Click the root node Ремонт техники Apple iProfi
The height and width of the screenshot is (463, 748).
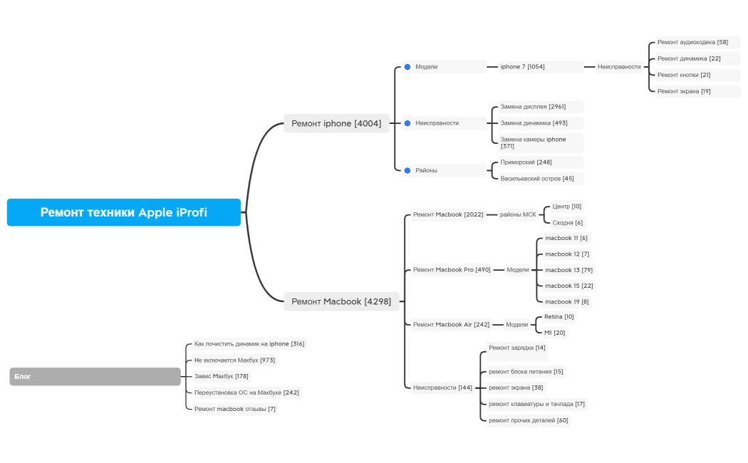click(124, 212)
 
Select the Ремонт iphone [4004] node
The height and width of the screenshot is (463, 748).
click(336, 123)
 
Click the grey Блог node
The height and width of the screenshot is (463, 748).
click(95, 376)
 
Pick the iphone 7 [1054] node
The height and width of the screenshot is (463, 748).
click(522, 67)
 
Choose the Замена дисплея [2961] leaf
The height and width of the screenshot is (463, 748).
click(533, 107)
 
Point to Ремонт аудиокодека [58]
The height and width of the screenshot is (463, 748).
click(692, 43)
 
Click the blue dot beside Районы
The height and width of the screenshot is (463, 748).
click(407, 170)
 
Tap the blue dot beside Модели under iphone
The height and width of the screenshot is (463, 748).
click(407, 67)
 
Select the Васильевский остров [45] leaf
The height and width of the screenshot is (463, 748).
click(537, 179)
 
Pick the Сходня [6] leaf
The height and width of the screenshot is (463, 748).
click(568, 223)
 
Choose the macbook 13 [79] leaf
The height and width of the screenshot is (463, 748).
click(568, 270)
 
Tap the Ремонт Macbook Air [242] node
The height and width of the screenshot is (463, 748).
click(451, 325)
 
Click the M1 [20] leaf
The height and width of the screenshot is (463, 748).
click(555, 333)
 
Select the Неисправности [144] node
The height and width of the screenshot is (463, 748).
click(442, 387)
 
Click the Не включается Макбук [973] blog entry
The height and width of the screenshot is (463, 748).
click(234, 360)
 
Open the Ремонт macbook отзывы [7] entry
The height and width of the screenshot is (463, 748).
click(234, 409)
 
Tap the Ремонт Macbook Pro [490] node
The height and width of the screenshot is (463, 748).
click(452, 270)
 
